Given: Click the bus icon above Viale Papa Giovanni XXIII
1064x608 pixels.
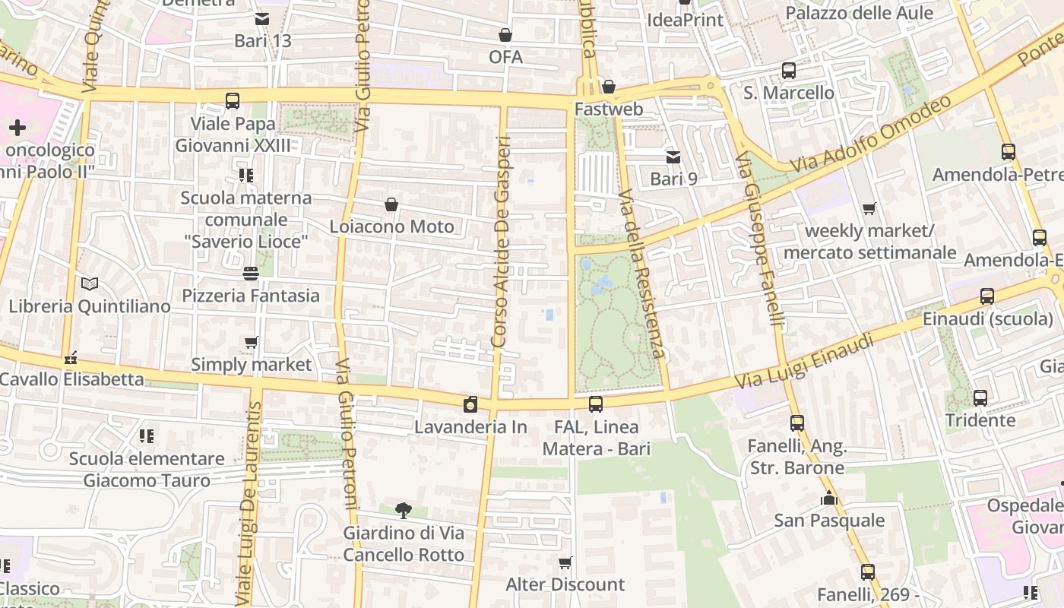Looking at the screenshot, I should tap(233, 100).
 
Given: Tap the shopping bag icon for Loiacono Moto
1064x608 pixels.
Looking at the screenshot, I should tap(391, 204).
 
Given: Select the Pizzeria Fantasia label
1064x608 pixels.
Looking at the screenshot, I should tap(251, 296).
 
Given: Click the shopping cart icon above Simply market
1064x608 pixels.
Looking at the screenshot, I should tap(252, 342).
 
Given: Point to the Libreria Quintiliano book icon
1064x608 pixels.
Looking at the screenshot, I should tap(90, 284).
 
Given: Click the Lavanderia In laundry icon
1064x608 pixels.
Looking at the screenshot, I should tap(471, 404).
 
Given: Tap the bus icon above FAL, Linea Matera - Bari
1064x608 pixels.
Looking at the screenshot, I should tap(596, 404).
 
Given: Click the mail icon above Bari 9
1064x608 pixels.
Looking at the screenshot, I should tap(673, 157).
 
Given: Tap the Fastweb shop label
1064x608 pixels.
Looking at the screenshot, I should tap(609, 109).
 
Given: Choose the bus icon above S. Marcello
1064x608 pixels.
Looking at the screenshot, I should tap(789, 71).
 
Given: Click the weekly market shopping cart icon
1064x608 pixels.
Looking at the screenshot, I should tap(869, 208).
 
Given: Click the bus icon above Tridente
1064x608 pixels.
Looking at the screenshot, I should tap(980, 397).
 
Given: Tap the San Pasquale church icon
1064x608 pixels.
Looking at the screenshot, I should tap(829, 499).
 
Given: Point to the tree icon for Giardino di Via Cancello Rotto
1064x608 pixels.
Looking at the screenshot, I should tap(404, 510).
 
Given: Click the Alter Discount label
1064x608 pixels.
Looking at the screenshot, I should tap(565, 584).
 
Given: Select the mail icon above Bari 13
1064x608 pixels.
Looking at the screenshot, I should tap(262, 19).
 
